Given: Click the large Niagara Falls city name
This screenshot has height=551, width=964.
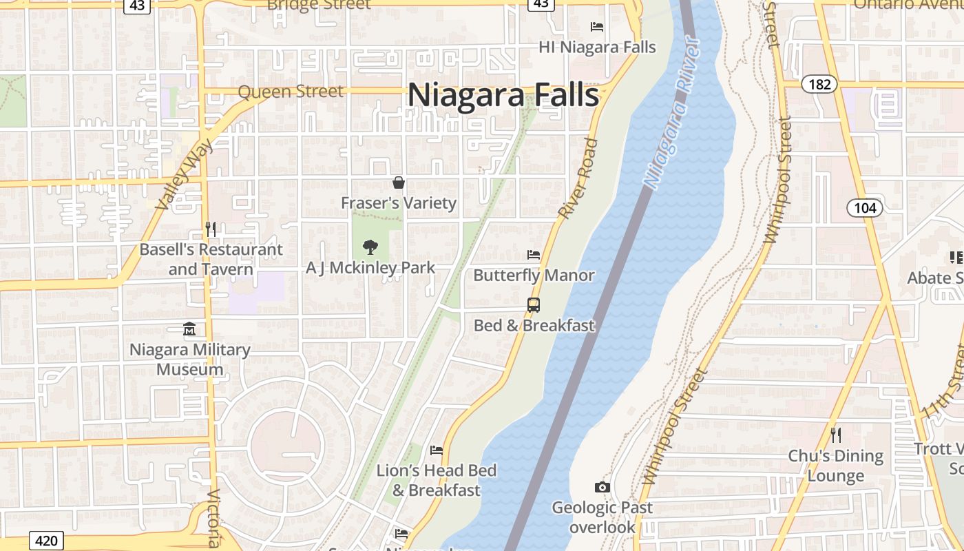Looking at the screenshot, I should click(503, 94).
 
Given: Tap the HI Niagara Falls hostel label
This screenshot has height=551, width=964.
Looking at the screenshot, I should click(597, 47).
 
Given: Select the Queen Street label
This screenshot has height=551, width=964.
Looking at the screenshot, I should click(290, 91).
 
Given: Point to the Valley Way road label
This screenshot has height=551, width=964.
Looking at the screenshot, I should click(185, 172).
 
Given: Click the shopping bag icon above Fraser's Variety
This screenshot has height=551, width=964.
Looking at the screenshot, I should click(398, 183).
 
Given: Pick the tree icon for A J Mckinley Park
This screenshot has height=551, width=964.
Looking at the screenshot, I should click(370, 247).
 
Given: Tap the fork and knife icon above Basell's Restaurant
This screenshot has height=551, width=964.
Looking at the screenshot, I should click(211, 229).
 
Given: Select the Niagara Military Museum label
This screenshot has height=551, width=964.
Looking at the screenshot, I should click(190, 359).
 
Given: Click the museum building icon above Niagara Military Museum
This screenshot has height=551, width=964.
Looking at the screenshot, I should click(189, 329).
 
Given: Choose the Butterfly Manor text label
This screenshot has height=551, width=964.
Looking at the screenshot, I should click(534, 275).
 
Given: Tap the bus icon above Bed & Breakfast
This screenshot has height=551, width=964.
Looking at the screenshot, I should click(533, 304).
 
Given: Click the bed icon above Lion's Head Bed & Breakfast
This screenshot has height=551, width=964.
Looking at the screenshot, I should click(436, 450).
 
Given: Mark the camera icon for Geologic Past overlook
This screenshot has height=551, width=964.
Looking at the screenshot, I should click(602, 488).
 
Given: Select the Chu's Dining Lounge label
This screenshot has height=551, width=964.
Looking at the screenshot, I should click(835, 466).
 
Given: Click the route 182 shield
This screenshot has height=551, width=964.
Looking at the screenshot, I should click(819, 84).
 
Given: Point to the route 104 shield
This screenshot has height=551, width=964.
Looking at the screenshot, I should click(864, 208).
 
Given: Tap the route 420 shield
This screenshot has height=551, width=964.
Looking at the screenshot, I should click(46, 541).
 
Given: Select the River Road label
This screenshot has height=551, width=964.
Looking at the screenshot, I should click(578, 179).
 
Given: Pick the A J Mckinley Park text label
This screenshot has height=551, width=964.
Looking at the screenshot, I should click(370, 267).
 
